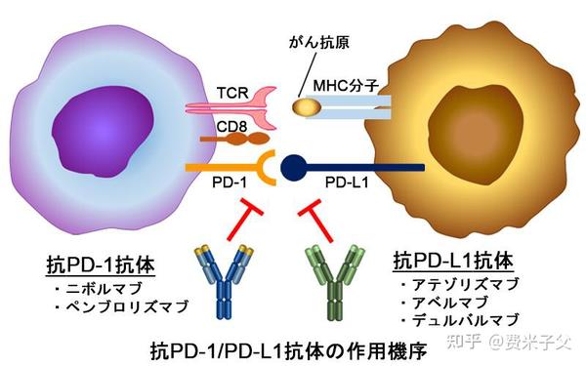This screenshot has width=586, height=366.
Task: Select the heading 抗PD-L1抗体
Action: [451, 262]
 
